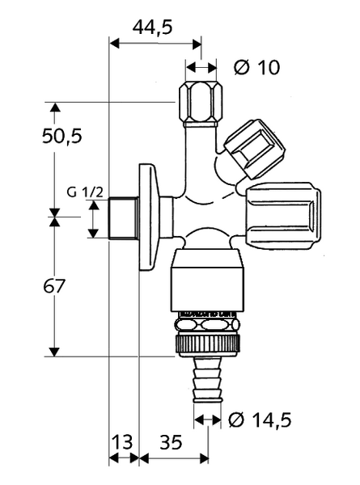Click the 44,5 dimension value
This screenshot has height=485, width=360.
[x=152, y=27]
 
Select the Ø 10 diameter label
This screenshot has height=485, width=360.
[x=256, y=67]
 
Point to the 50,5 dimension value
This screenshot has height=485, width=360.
[x=62, y=136]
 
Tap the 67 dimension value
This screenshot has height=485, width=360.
[x=54, y=286]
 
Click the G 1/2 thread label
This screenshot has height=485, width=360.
[x=85, y=192]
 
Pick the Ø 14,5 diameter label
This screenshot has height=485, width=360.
[x=260, y=420]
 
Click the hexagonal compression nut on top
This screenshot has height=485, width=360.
[x=201, y=104]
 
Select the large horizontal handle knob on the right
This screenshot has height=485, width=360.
[x=283, y=215]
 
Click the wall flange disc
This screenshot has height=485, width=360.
[x=149, y=217]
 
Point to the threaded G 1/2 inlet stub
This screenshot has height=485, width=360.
[x=124, y=218]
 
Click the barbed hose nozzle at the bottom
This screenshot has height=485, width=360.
[x=208, y=380]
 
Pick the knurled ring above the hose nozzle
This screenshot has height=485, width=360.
[x=207, y=346]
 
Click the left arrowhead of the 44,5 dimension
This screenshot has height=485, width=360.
[x=114, y=44]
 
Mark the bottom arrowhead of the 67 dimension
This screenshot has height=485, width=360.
[x=54, y=352]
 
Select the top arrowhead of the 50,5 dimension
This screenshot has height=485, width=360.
[x=55, y=107]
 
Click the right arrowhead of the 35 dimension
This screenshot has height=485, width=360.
[x=205, y=458]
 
